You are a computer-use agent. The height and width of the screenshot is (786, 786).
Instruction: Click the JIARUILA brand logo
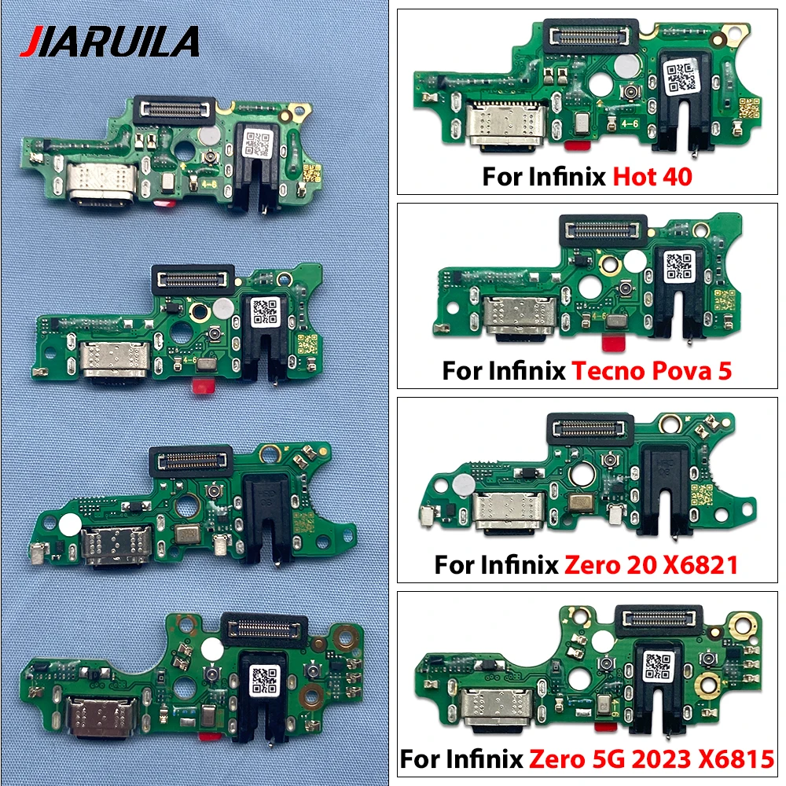[109, 42]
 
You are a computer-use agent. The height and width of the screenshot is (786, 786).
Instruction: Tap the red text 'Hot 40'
[652, 176]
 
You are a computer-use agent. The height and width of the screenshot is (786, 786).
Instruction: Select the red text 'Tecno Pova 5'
[652, 372]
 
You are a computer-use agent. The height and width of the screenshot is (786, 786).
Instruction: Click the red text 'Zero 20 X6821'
[651, 565]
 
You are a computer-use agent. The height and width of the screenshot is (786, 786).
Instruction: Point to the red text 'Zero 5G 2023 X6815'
[652, 759]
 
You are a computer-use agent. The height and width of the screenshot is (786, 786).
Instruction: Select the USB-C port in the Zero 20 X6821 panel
[511, 512]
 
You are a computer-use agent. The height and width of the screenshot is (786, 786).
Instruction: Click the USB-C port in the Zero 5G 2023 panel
[499, 707]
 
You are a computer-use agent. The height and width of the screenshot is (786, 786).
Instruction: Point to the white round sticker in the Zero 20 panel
[464, 483]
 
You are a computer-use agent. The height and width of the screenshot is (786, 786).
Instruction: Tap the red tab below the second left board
[203, 385]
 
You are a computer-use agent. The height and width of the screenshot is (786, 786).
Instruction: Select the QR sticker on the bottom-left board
[263, 681]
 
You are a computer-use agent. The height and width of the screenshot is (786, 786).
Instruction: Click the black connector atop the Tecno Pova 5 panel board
[603, 230]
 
